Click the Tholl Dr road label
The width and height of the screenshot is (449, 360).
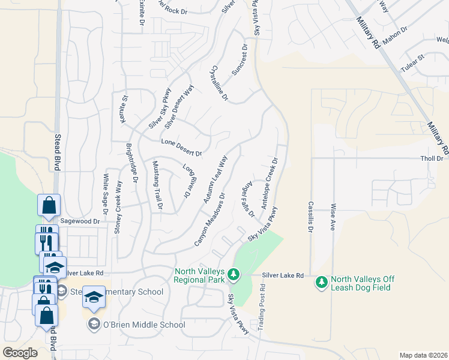coord(432,158)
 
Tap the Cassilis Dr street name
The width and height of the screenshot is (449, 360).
coord(311,217)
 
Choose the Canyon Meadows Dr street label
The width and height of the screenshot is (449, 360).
coord(209,219)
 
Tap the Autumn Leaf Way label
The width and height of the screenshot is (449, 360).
coord(215,179)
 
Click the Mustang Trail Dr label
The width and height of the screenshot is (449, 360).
coord(157,185)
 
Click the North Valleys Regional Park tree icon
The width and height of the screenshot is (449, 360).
coord(234,276)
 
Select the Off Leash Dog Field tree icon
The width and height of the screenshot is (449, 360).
coord(321,281)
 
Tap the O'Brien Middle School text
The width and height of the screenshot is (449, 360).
coord(144,325)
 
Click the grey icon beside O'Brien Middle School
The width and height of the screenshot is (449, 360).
coord(94,325)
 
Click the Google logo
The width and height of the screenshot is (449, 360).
coord(20,352)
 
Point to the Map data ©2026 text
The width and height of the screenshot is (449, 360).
coord(423,355)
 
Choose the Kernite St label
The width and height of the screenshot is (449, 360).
coord(125,108)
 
